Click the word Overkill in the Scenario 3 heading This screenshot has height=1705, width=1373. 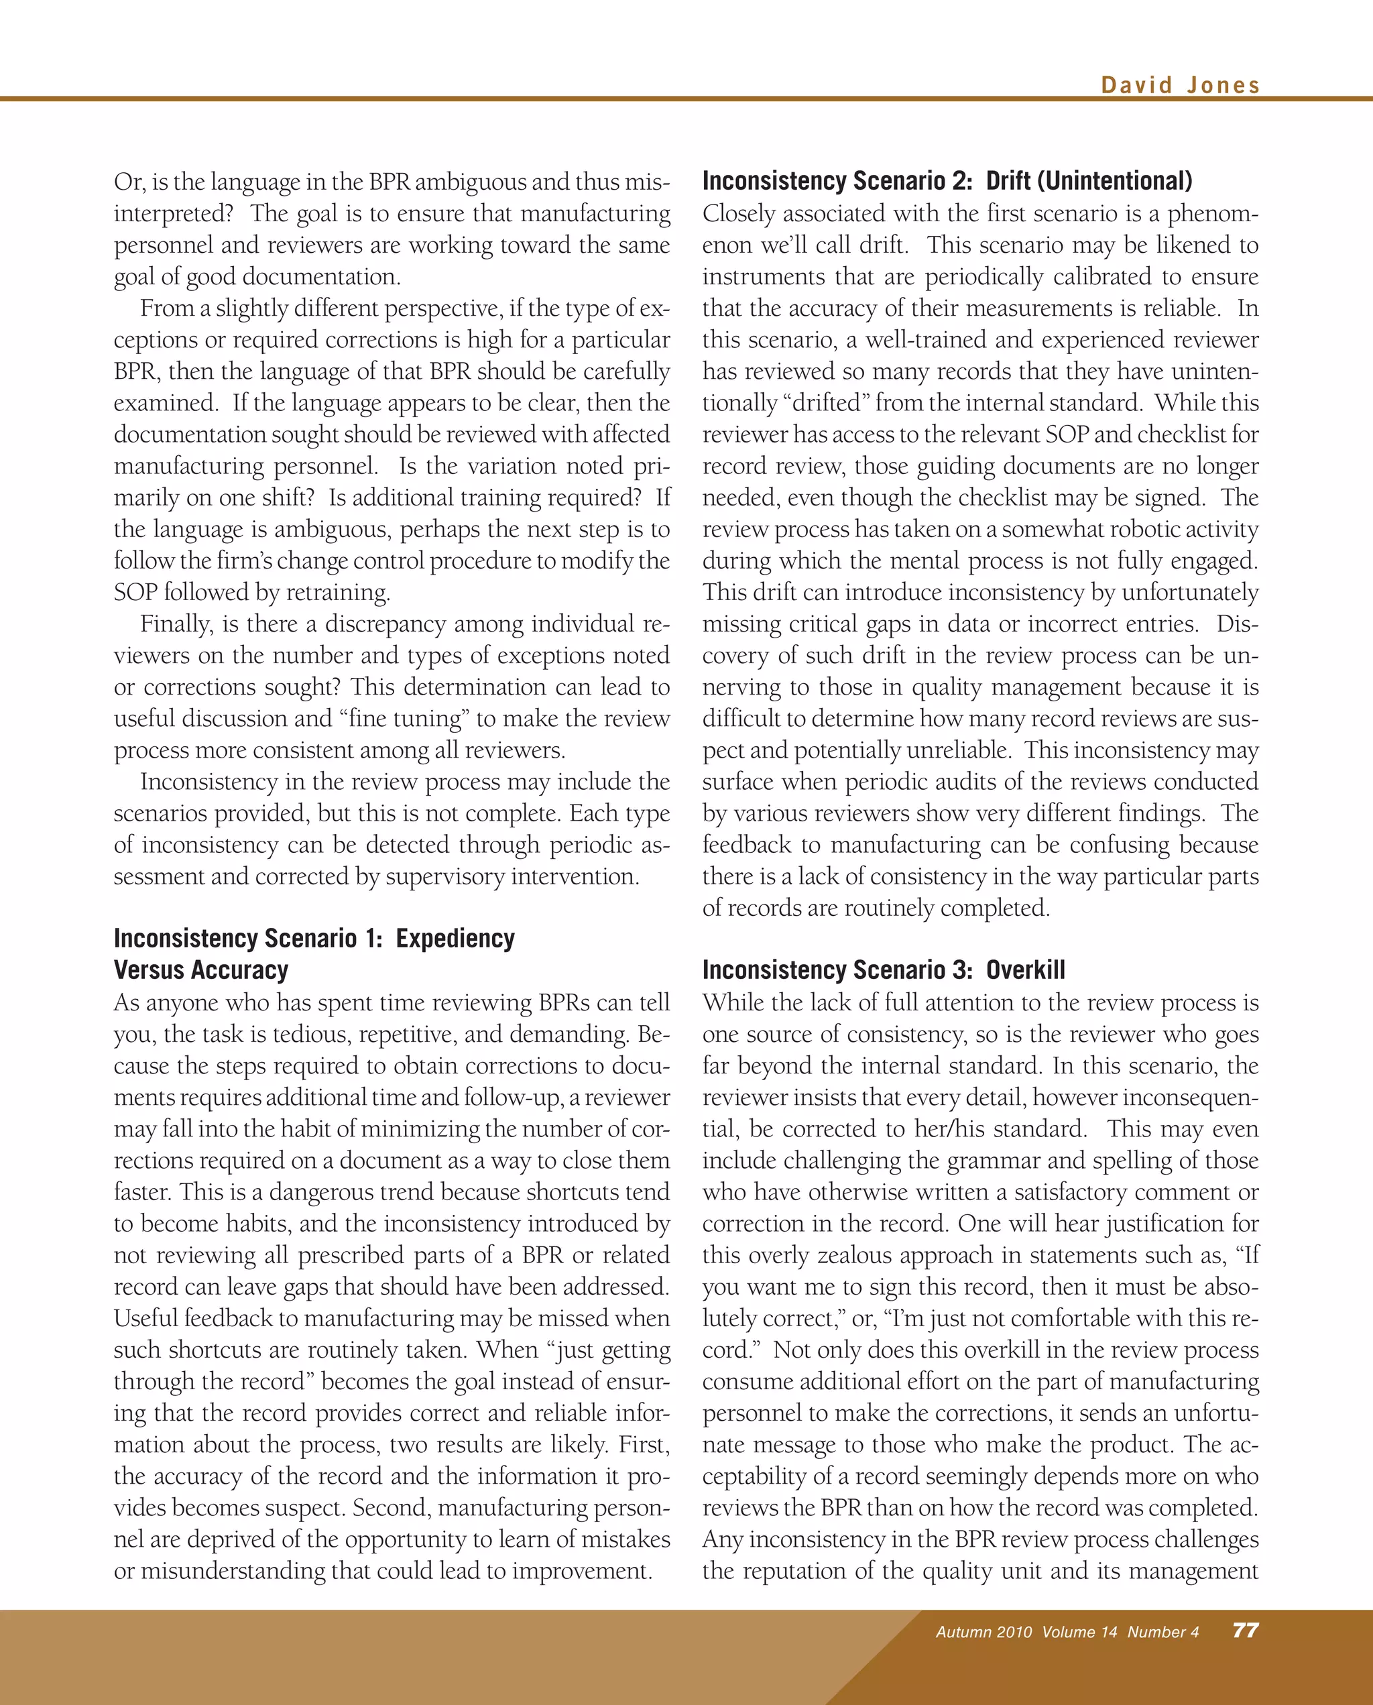(1025, 969)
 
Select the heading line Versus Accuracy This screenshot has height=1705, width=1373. (201, 969)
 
